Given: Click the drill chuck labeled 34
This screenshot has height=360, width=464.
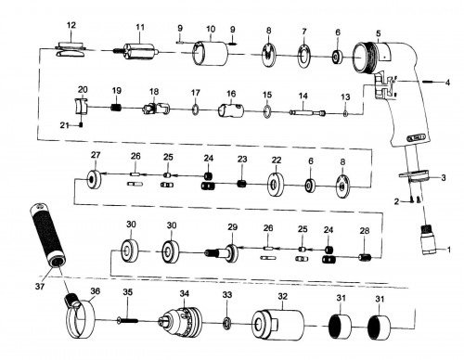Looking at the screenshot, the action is pyautogui.click(x=182, y=321).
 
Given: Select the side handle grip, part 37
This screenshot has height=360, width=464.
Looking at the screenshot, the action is pyautogui.click(x=48, y=236).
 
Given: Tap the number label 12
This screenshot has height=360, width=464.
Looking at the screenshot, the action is pyautogui.click(x=71, y=25).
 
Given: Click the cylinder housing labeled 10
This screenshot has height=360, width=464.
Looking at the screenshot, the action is pyautogui.click(x=210, y=54).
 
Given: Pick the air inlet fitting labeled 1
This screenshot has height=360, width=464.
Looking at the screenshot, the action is pyautogui.click(x=431, y=240).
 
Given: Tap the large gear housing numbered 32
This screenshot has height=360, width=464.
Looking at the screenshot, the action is pyautogui.click(x=277, y=325).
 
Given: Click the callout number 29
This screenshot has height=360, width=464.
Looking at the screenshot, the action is pyautogui.click(x=233, y=227).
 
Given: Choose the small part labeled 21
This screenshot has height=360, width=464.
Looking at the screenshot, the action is pyautogui.click(x=82, y=125).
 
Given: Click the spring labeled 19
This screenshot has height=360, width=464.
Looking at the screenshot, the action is pyautogui.click(x=116, y=108).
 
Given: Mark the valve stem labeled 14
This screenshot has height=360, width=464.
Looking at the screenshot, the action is pyautogui.click(x=307, y=112).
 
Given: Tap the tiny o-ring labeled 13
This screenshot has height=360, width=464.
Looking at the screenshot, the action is pyautogui.click(x=345, y=114).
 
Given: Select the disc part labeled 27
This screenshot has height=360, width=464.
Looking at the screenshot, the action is pyautogui.click(x=94, y=179).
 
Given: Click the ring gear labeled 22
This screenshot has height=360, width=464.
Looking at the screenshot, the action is pyautogui.click(x=276, y=185).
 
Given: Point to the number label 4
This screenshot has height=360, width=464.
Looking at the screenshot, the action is pyautogui.click(x=447, y=83).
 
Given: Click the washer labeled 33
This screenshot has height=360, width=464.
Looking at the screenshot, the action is pyautogui.click(x=227, y=323).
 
